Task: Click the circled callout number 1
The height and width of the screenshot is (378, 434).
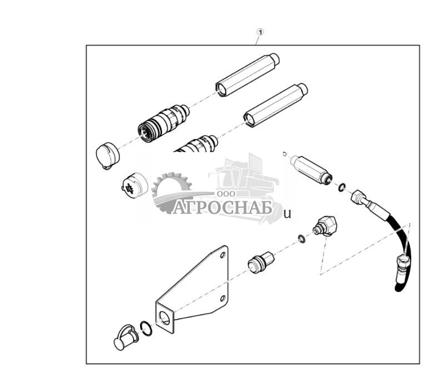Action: click(260, 32)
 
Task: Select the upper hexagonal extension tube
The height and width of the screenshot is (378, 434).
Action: click(247, 75)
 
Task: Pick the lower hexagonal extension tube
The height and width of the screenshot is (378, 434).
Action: click(276, 105)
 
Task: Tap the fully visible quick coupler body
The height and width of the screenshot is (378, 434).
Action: click(163, 123)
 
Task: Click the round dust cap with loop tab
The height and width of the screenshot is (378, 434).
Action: click(108, 155)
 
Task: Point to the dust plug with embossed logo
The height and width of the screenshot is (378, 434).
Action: click(135, 185)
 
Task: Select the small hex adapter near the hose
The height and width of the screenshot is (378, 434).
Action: click(311, 169)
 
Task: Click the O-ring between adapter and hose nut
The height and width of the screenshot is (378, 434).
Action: click(342, 188)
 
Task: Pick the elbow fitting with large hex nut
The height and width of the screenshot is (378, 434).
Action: click(326, 226)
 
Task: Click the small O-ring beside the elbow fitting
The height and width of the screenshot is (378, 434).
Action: click(302, 239)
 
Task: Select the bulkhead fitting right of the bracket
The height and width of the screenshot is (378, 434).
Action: click(261, 261)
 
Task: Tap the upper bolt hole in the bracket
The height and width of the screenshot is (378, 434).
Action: click(222, 255)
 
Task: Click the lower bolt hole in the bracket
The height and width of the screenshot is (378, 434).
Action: click(222, 299)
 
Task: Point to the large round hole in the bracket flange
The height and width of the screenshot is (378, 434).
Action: click(165, 317)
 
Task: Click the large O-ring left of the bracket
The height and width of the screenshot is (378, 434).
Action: click(146, 328)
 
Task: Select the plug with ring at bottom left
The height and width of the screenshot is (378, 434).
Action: click(126, 337)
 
